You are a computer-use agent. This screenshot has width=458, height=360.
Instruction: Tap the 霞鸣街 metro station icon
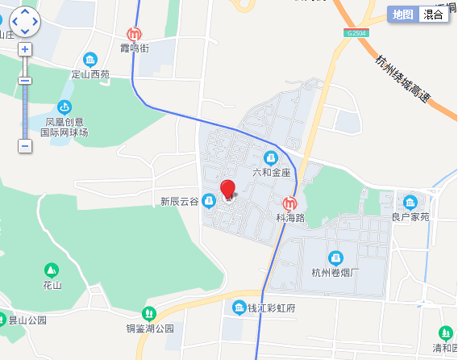[x=134, y=35]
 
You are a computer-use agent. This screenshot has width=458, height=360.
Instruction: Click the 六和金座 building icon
[x=271, y=157]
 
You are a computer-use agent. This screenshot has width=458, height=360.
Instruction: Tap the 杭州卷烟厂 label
[x=335, y=272]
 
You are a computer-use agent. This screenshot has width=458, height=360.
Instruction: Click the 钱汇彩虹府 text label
[x=272, y=308]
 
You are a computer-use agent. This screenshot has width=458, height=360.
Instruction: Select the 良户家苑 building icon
[x=410, y=202]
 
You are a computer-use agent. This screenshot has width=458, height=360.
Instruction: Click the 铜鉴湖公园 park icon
[x=148, y=313]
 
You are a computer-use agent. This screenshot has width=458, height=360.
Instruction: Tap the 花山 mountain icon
[x=52, y=270]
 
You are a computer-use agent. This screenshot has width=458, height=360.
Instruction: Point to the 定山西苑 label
[x=90, y=74]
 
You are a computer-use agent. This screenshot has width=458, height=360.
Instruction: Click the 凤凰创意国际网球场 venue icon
[x=65, y=107]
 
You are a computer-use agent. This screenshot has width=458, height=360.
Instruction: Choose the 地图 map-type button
[x=402, y=15]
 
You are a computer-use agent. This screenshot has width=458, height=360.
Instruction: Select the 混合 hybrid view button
[x=433, y=15]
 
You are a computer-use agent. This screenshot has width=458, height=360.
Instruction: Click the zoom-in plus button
[x=25, y=48]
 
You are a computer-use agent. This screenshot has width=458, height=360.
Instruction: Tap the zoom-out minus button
[x=25, y=146]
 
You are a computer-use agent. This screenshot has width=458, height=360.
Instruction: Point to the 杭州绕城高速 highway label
[x=402, y=77]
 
